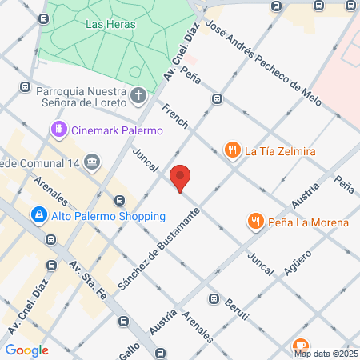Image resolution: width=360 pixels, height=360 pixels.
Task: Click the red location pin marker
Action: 181,178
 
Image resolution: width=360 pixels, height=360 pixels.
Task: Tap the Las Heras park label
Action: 110,24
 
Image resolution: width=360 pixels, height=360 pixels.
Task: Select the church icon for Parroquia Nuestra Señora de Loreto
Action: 139,97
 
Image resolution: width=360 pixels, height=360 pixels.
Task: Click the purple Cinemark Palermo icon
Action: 58,129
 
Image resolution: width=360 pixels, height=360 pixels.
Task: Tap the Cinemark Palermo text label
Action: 117,130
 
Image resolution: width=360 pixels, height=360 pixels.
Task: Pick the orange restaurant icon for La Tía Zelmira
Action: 232,149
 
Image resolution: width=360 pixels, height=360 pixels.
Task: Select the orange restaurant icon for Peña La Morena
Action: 255,222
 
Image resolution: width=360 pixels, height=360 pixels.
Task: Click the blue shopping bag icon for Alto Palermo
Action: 38,215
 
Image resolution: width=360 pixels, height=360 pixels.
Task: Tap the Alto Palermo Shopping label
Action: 108,216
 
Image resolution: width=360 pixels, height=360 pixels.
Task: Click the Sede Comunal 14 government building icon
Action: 93,162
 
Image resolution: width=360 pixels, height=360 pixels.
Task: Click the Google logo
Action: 26,350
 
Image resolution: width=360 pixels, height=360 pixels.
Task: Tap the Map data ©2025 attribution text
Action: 326,353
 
